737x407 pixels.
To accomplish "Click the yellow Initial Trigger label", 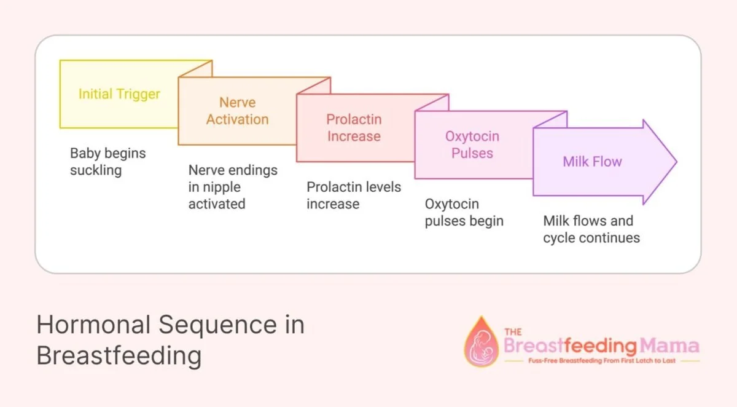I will tap(119, 94).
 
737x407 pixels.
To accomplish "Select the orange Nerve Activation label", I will tap(237, 111).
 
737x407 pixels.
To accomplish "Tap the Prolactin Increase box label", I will tap(354, 128).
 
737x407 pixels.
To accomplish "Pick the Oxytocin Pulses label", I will tap(472, 144).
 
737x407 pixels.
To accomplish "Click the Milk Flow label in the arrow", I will tap(592, 162).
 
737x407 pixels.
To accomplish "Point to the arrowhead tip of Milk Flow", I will tap(676, 162).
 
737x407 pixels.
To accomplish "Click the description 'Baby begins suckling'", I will tap(107, 162).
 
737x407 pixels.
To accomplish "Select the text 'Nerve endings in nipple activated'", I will tap(233, 187).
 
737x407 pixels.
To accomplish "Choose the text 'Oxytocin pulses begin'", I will tap(464, 212).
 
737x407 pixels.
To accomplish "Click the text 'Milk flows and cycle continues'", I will tap(591, 229).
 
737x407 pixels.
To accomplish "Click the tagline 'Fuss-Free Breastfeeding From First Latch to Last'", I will tap(601, 361).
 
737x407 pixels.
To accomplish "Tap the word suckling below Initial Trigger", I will tap(95, 170).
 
